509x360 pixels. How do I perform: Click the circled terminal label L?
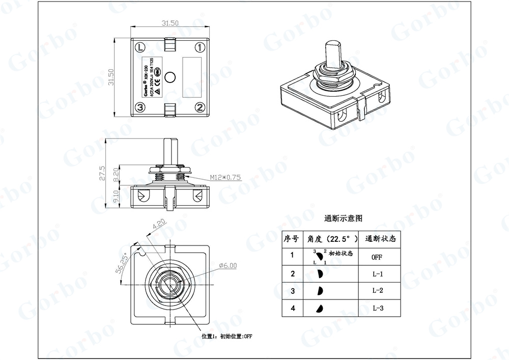click(x=140, y=47)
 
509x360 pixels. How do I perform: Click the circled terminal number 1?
click(x=201, y=47)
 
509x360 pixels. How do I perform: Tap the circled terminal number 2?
click(x=201, y=107)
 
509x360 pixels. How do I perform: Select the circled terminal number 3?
click(x=140, y=107)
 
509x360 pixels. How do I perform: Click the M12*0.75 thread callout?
click(x=225, y=177)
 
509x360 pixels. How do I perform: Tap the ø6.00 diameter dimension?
click(x=228, y=265)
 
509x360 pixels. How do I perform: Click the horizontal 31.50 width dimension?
click(x=170, y=23)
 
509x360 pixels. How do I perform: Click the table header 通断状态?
click(x=380, y=238)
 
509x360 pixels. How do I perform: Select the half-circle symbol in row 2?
click(x=321, y=274)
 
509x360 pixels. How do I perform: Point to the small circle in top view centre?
click(x=171, y=77)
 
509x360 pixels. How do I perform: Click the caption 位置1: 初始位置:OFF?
click(x=228, y=337)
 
